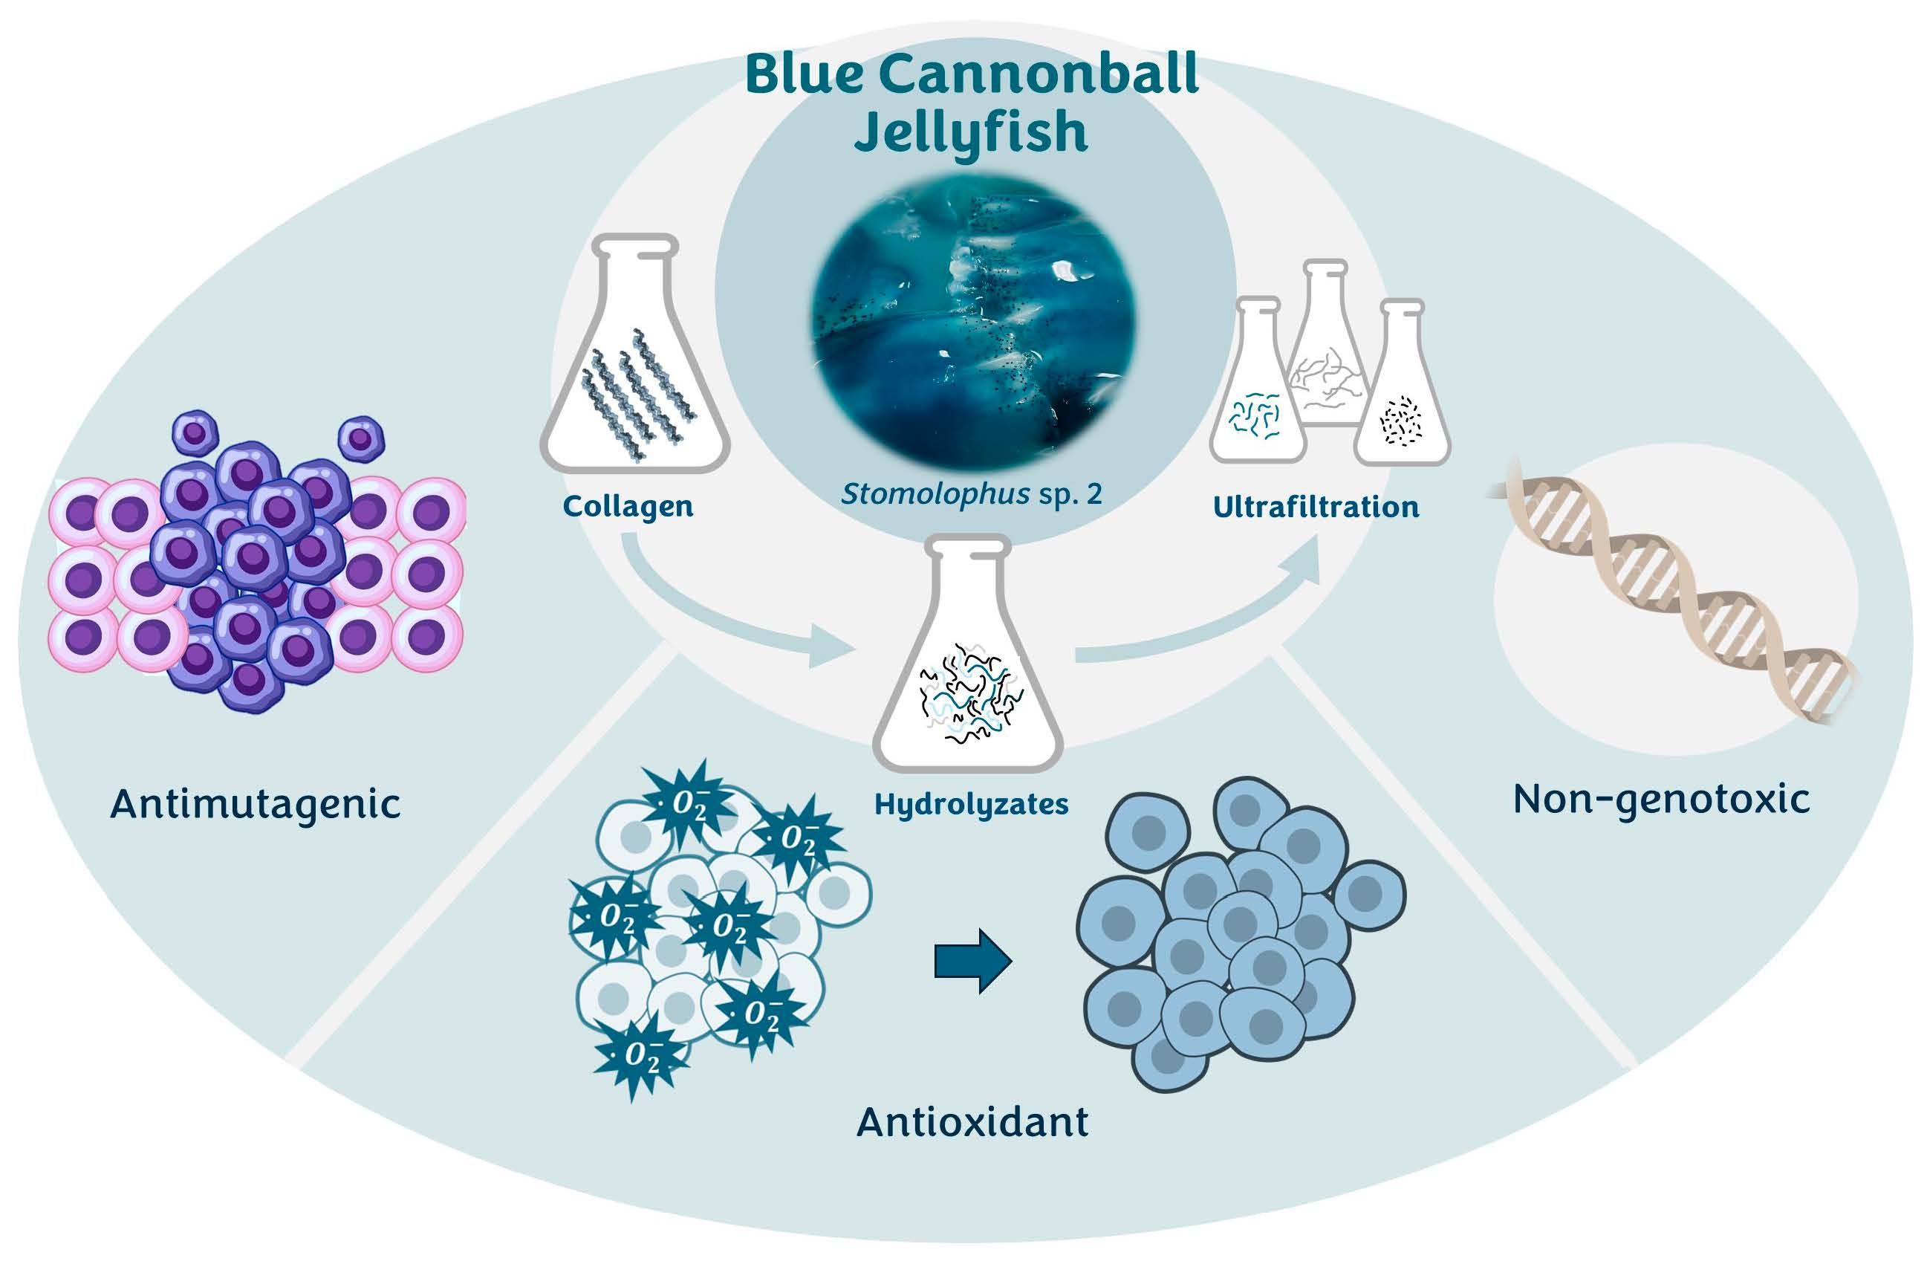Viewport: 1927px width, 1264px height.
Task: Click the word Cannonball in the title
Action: (1038, 74)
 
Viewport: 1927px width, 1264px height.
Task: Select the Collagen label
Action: (628, 507)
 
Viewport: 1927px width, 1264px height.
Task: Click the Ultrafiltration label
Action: (1316, 508)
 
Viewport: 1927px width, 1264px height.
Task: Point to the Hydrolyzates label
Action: (971, 804)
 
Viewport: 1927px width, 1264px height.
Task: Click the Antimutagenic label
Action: (255, 804)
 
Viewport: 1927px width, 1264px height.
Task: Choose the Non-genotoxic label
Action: (1662, 800)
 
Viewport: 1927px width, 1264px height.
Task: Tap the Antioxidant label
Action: (972, 1122)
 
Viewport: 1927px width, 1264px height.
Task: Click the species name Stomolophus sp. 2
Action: (971, 494)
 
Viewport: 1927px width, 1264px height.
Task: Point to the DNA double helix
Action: (1676, 591)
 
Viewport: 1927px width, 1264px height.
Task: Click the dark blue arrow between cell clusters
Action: (972, 960)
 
